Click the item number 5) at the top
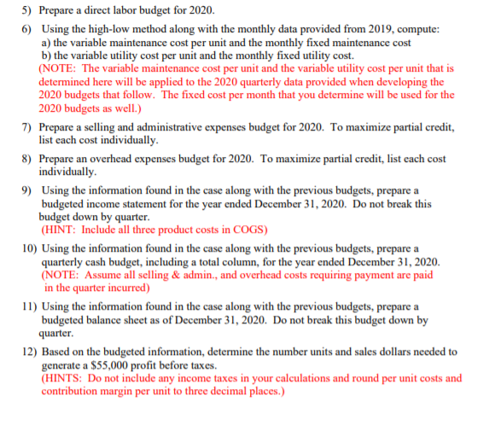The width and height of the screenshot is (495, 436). [26, 11]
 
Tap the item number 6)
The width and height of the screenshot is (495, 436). [26, 29]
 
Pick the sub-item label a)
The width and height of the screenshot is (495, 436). [47, 42]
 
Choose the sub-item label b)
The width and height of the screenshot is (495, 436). [47, 55]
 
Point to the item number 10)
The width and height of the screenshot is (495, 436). [28, 247]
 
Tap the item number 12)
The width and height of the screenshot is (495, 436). [28, 351]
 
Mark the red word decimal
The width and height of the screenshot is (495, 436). [224, 391]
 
